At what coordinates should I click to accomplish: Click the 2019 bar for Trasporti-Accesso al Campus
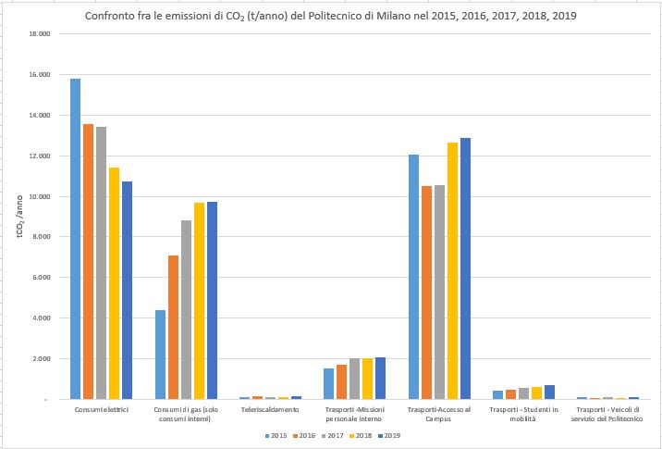(465, 268)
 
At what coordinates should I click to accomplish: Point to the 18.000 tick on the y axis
(39, 34)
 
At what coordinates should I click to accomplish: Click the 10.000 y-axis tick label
(39, 196)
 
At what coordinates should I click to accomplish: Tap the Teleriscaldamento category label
(270, 408)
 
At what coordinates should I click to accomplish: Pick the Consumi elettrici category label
(102, 408)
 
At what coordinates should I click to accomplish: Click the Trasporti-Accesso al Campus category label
(439, 413)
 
